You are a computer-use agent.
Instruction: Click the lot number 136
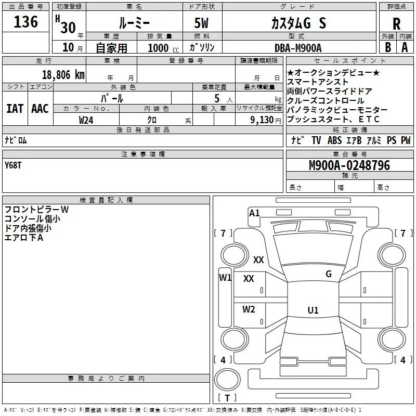point(26,22)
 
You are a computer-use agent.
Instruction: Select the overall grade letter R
point(396,24)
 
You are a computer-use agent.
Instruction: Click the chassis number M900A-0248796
point(349,165)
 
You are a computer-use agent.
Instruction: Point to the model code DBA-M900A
point(297,48)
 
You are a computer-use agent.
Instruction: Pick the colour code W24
point(86,120)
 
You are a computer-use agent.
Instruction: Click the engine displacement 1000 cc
point(162,48)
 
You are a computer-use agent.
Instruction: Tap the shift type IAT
point(15,109)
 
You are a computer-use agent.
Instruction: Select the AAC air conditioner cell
point(40,109)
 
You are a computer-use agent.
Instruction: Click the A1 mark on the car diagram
point(254,213)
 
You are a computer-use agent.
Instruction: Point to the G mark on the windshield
point(328,274)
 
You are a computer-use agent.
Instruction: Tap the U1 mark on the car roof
point(313,310)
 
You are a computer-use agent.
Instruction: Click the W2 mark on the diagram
point(249,309)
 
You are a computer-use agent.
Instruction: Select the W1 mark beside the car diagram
point(225,277)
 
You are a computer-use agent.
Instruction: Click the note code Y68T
point(14,165)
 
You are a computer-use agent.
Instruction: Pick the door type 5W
point(202,23)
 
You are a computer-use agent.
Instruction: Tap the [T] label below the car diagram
point(227,398)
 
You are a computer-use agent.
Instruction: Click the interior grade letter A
point(404,47)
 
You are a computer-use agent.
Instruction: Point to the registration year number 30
point(68,27)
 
